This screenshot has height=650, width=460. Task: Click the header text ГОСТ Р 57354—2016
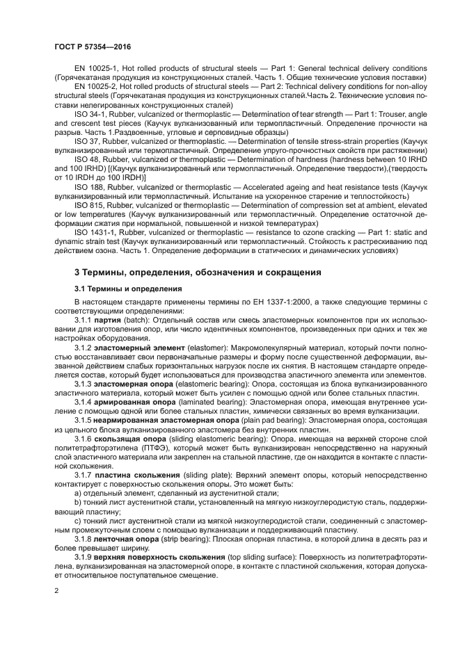point(92,46)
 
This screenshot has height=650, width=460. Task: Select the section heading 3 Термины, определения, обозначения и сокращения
point(198,272)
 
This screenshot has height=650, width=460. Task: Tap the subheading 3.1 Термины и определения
point(118,289)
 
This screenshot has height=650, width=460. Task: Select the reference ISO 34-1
point(89,112)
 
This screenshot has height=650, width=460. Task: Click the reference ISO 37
point(86,139)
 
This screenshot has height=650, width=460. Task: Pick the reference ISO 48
point(86,158)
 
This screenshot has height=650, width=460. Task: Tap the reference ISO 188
point(87,185)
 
